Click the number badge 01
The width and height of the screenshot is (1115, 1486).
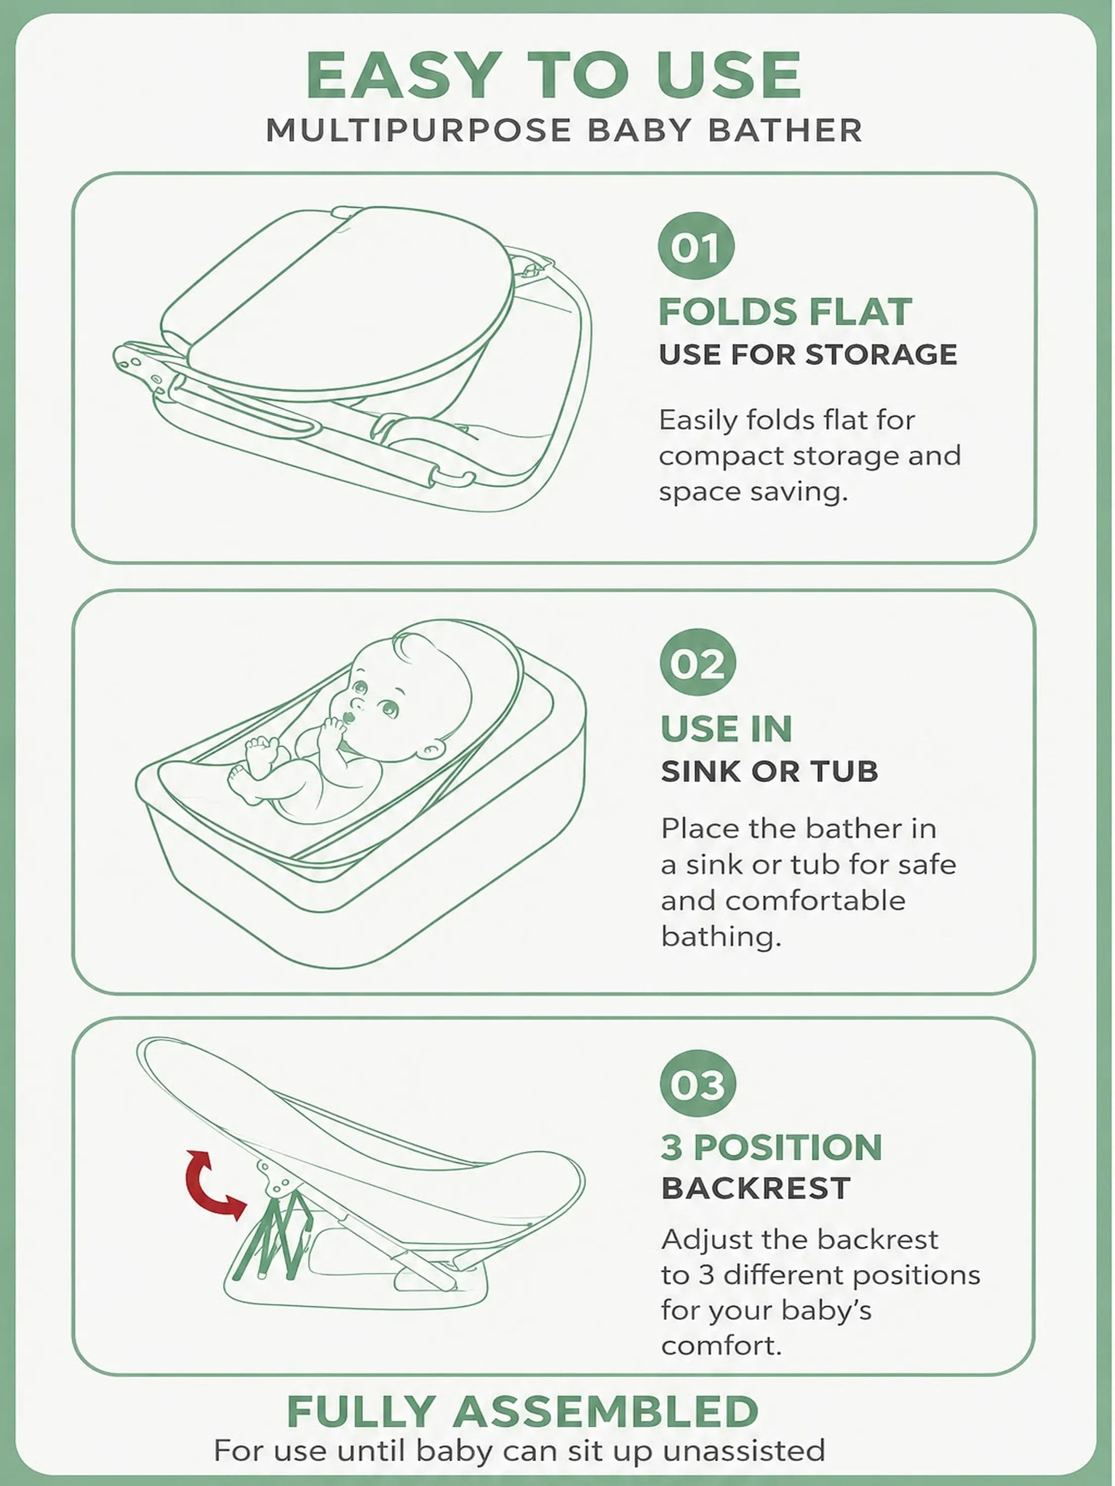(696, 246)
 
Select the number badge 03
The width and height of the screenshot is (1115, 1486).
(698, 1084)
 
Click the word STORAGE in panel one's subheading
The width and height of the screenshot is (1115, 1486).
(881, 354)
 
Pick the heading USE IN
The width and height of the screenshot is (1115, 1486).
(726, 729)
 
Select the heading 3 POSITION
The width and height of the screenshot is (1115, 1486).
(772, 1147)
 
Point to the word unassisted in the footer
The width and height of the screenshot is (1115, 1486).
(743, 1450)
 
